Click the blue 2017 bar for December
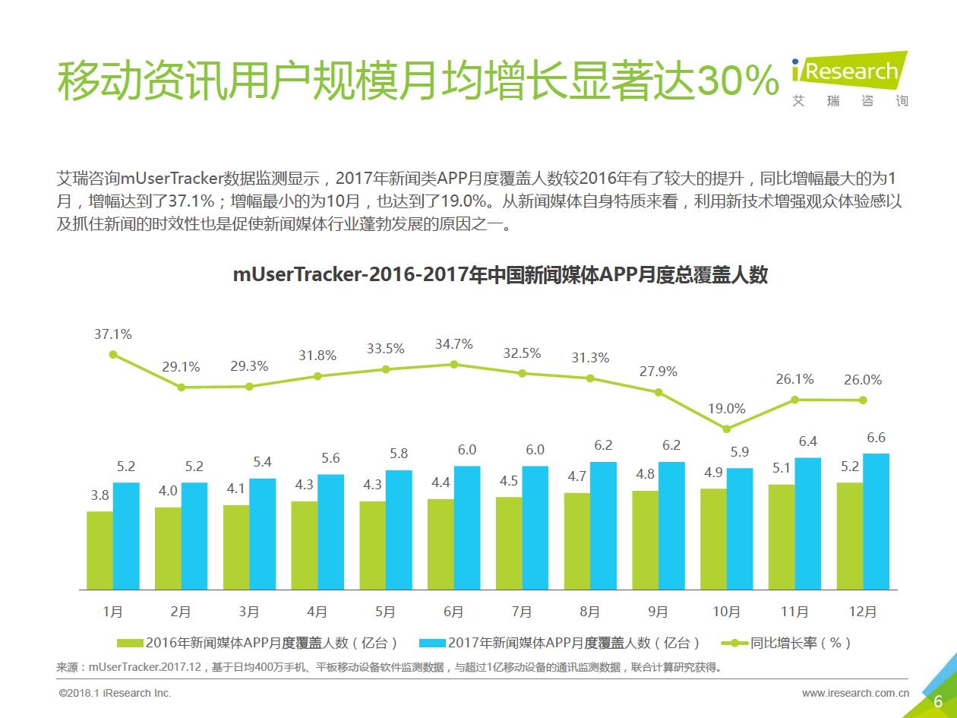pos(876,521)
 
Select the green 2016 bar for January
pos(99,550)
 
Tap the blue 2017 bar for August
pos(603,525)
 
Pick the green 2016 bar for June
pos(441,544)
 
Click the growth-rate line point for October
pos(727,429)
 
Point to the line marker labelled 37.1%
pos(113,354)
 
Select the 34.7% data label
pos(453,344)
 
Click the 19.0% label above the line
pos(727,409)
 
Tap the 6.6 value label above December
pos(876,438)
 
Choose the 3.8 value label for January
pos(99,495)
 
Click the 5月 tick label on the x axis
pos(385,612)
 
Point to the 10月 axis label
pos(727,612)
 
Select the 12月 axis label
pos(863,612)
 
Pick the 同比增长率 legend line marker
pos(734,644)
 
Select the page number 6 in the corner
pos(938,701)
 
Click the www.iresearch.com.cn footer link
pos(855,693)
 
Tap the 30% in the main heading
pos(737,82)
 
